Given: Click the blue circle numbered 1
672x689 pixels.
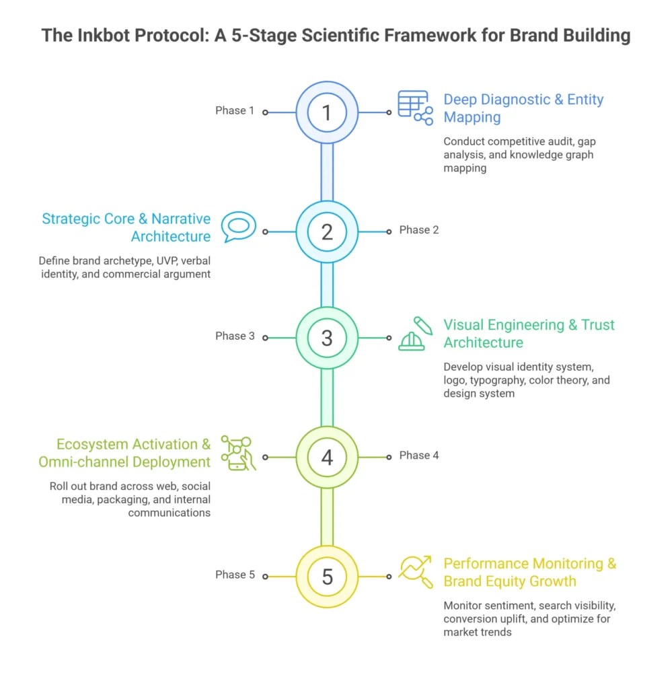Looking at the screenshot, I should click(x=327, y=112).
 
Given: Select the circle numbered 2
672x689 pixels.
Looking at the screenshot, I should click(x=327, y=231).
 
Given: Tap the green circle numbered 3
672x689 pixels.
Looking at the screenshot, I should click(x=327, y=337).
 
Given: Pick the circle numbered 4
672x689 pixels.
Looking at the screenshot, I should click(x=327, y=457).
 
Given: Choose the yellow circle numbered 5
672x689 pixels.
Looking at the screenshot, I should click(x=327, y=577).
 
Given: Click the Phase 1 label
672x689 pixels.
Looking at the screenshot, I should click(x=235, y=110).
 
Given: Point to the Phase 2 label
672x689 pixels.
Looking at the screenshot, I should click(x=419, y=230).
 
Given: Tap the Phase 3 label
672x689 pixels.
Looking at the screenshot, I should click(x=235, y=336).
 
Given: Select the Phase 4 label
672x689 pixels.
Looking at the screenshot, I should click(x=419, y=456).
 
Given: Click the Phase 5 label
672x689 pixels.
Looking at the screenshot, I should click(x=235, y=575).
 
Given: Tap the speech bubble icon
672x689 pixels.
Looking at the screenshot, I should click(x=239, y=227).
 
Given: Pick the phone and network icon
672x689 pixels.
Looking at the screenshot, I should click(x=239, y=452).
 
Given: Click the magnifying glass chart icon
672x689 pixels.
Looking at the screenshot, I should click(x=415, y=572).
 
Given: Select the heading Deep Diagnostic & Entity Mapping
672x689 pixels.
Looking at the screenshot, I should click(x=523, y=108).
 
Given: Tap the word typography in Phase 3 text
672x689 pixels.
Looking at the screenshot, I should click(x=498, y=380).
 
